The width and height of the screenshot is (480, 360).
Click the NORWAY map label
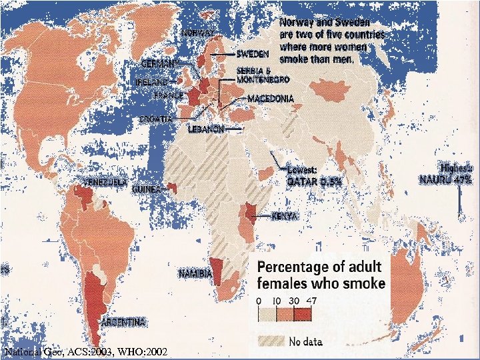[197, 32]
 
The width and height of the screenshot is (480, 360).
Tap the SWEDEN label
[253, 53]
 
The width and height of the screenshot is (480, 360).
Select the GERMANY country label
[159, 63]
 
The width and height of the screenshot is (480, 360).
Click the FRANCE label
[168, 95]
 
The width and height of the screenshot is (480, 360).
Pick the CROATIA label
[155, 119]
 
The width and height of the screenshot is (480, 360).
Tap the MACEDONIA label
[270, 99]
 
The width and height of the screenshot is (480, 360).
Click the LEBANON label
[206, 129]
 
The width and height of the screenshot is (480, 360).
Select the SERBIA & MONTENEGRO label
[263, 75]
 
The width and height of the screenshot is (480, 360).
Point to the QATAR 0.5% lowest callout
[313, 175]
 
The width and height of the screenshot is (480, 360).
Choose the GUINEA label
[146, 189]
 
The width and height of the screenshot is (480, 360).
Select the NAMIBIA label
[195, 274]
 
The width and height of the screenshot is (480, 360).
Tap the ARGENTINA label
[123, 322]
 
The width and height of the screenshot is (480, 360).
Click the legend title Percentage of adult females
[321, 275]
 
